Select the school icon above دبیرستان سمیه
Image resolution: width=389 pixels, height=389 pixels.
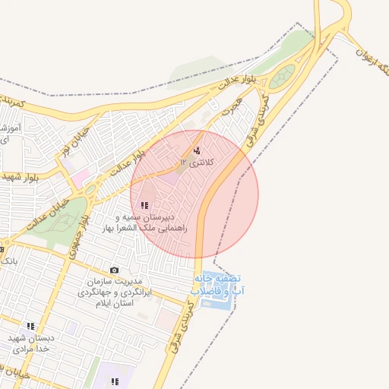[144, 205]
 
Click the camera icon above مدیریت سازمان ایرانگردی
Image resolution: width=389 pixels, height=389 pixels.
[115, 270]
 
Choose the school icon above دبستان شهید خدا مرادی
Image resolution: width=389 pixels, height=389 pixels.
[30, 326]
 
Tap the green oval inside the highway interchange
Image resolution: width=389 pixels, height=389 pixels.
[283, 76]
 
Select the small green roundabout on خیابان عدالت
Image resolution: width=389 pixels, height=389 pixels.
[90, 188]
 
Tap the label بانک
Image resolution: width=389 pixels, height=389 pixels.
[9, 261]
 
